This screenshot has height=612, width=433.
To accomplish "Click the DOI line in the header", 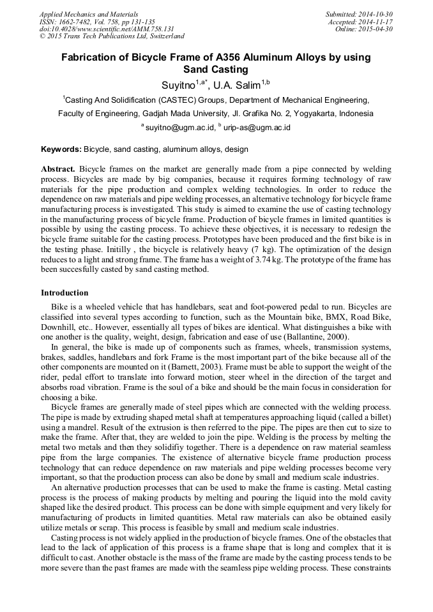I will click(107, 29).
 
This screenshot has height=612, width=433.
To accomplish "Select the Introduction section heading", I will click(65, 293).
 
